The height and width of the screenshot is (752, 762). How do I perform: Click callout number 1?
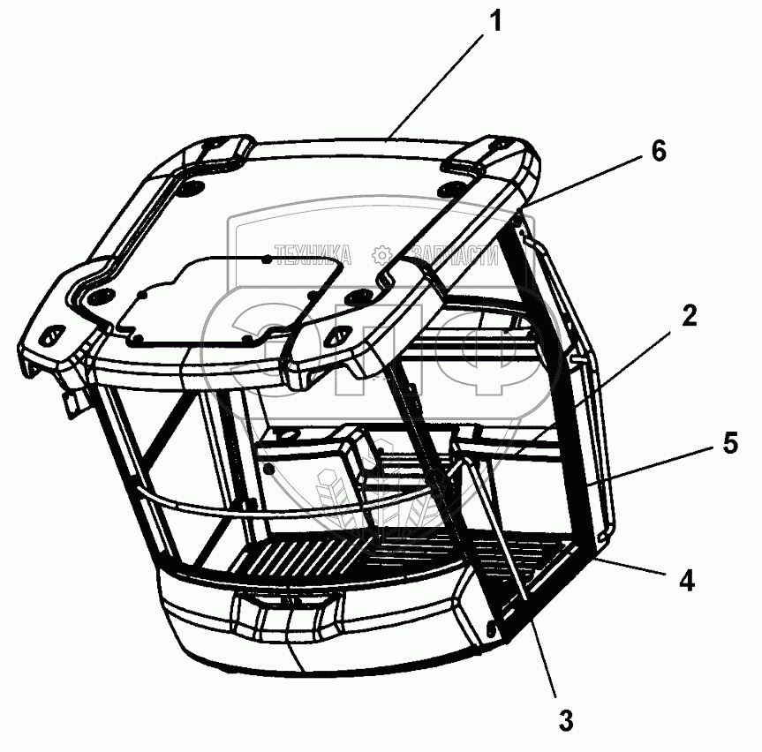[495, 21]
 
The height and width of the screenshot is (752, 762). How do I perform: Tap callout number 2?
[689, 316]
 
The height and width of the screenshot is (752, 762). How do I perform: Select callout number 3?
[566, 720]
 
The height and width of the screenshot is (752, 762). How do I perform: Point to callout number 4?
[686, 581]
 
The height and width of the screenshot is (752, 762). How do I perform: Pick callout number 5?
[730, 443]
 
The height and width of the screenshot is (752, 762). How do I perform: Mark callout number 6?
[658, 151]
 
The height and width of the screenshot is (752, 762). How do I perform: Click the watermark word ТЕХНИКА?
[313, 254]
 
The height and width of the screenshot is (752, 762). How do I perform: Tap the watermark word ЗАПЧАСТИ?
[456, 254]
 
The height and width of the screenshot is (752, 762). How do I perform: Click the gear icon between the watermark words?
[381, 254]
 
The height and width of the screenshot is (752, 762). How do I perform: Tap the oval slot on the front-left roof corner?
[50, 335]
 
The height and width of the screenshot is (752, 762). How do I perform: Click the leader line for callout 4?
[630, 567]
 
